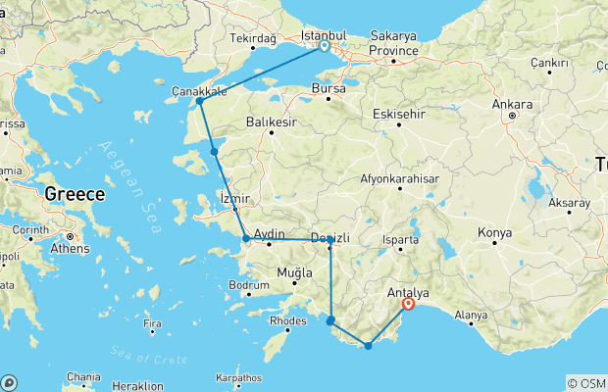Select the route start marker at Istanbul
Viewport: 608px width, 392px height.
tap(324, 45)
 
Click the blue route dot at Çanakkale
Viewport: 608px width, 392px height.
tap(199, 101)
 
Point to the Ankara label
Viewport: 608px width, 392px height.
tap(514, 104)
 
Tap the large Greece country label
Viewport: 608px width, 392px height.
tap(75, 195)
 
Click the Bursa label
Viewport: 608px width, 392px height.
tap(328, 88)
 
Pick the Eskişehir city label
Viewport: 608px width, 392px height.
tap(400, 115)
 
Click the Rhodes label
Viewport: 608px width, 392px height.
tap(287, 319)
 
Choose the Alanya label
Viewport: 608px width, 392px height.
tap(471, 316)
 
